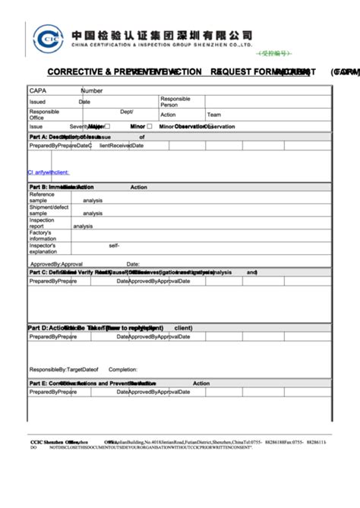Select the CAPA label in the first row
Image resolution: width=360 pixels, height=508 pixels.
click(x=39, y=91)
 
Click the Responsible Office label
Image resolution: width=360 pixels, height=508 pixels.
click(x=44, y=115)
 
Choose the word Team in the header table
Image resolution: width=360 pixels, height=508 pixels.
click(x=214, y=115)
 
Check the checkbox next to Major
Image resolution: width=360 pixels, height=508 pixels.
click(x=107, y=127)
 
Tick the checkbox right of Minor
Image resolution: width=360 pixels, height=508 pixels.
click(x=150, y=127)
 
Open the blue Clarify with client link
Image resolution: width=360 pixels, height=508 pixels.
click(x=48, y=172)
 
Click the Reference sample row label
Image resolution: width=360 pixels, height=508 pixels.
click(x=43, y=197)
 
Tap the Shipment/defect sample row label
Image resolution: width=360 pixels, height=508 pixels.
click(x=49, y=210)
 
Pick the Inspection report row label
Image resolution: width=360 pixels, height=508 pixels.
click(x=43, y=223)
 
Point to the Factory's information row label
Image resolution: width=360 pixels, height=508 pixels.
click(x=43, y=235)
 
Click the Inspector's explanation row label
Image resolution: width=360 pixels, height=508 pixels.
click(x=43, y=248)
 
